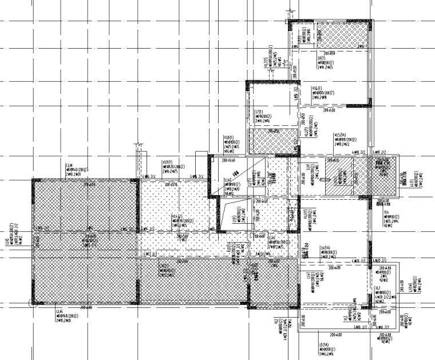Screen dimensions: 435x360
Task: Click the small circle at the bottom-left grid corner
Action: pyautogui.click(x=33, y=304)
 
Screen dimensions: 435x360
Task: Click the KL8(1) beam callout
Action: pyautogui.click(x=228, y=138)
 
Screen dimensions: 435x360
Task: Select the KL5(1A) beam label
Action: pyautogui.click(x=340, y=135)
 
